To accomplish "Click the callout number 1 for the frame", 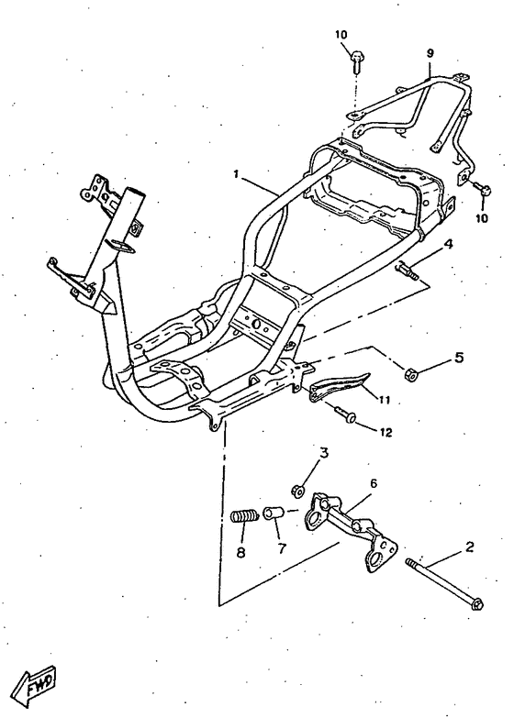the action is tap(236, 174).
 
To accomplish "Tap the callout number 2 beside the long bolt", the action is tap(469, 547).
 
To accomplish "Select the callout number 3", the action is tap(324, 453).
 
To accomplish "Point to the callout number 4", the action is tap(448, 245).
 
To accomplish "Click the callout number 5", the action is tap(459, 358).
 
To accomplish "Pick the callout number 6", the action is tap(374, 483).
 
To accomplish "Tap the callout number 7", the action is tap(282, 547).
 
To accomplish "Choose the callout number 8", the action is tap(241, 552).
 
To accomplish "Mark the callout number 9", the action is tap(430, 53).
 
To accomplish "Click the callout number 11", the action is tap(384, 400).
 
